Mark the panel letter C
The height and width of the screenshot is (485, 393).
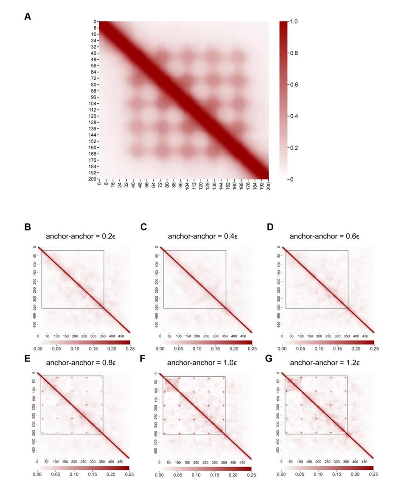pyautogui.click(x=143, y=227)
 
